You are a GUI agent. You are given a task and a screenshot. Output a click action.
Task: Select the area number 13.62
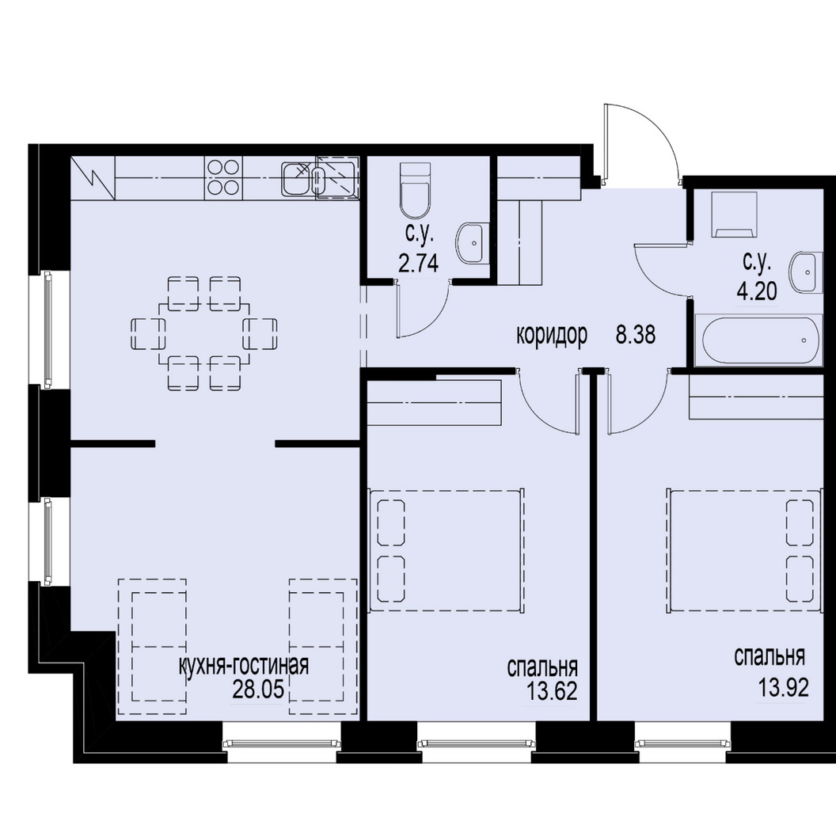pos(551,691)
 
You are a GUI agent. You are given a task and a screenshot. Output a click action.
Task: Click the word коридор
pos(552,336)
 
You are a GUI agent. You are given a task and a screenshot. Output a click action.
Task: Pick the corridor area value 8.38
pos(636,336)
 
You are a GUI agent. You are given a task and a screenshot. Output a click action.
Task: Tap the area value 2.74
pos(419,263)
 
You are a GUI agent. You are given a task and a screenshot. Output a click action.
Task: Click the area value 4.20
pos(757,291)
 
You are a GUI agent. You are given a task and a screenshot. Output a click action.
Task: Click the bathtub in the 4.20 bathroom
pos(760,340)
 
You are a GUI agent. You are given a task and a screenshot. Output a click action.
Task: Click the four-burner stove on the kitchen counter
pos(223,177)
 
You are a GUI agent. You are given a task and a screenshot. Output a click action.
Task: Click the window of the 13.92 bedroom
pos(682,743)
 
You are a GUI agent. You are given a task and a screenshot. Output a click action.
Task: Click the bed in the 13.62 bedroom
pos(446,549)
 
